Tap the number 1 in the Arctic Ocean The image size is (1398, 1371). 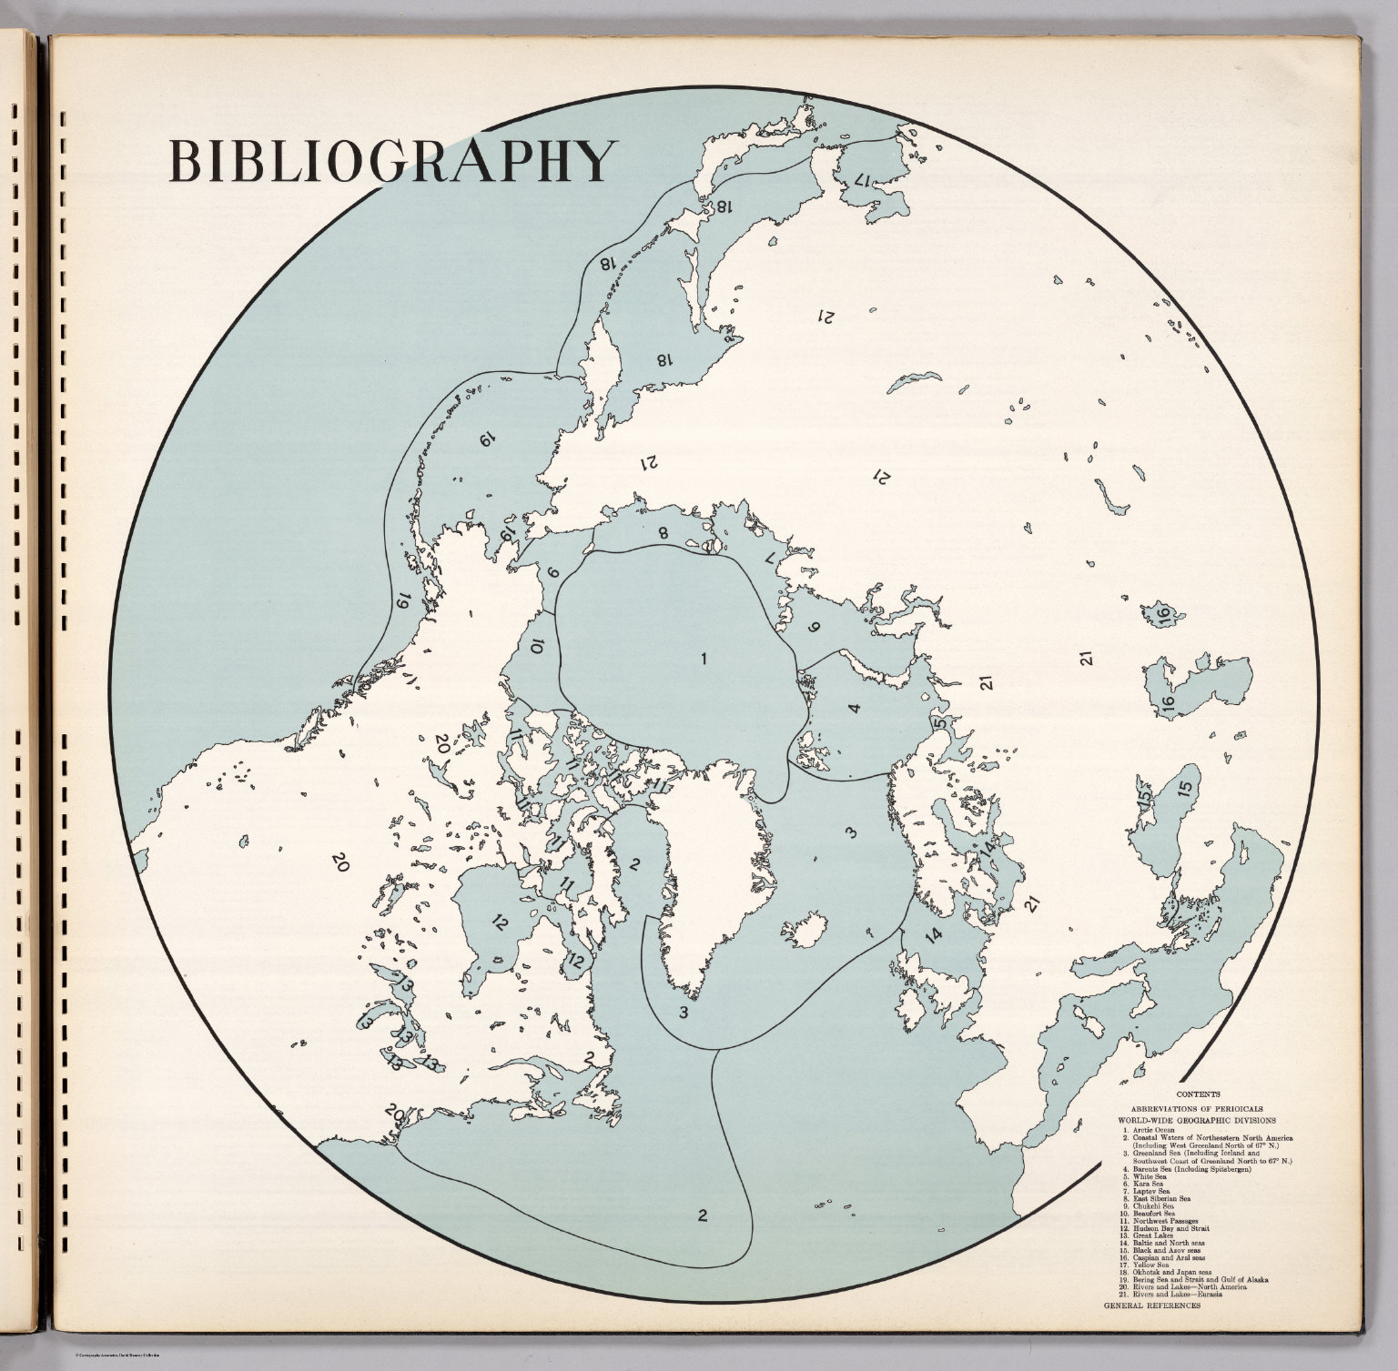(x=704, y=659)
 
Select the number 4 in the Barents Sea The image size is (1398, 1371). (x=854, y=709)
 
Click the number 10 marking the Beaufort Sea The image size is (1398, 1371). (x=536, y=647)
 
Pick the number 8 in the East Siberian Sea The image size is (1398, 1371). (x=663, y=533)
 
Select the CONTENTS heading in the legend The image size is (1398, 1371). (x=1198, y=1094)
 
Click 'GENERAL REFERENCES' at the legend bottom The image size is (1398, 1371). (x=1152, y=1305)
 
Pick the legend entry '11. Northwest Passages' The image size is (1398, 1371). (x=1161, y=1221)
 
